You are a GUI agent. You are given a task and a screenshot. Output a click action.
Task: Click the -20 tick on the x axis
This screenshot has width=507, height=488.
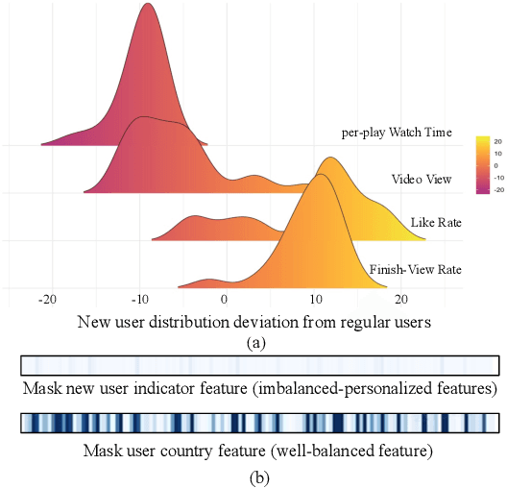[x=48, y=300]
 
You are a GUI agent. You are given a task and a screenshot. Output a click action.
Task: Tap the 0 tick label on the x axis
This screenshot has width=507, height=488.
[x=224, y=300]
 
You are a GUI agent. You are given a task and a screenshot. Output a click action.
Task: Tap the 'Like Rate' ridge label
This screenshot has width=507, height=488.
[x=436, y=223]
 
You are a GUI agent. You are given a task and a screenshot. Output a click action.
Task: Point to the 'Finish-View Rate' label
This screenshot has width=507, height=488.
[x=415, y=270]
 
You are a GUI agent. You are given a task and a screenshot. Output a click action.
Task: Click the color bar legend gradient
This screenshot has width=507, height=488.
[x=483, y=165]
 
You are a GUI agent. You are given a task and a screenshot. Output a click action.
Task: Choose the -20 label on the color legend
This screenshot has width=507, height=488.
[x=498, y=190]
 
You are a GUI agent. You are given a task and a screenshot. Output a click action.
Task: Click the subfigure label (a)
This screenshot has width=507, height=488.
[x=253, y=341]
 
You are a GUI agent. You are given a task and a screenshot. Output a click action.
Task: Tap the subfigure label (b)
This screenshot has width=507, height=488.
[x=253, y=473]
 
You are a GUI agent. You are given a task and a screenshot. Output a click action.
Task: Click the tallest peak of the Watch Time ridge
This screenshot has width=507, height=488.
[x=147, y=5]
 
